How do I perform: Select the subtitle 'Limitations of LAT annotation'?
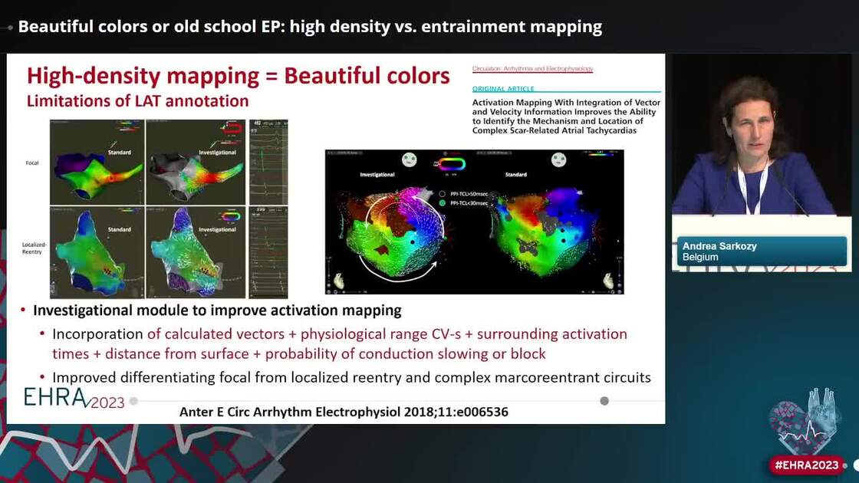(138, 100)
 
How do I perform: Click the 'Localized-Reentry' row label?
(33, 247)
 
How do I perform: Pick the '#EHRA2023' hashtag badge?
(807, 465)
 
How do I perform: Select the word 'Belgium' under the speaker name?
(700, 258)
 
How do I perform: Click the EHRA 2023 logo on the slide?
(74, 398)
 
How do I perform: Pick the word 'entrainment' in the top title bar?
(456, 27)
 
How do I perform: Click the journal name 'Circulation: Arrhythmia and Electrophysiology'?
(532, 69)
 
